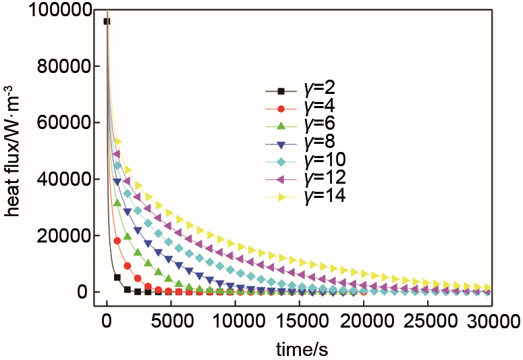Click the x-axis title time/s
pyautogui.click(x=302, y=348)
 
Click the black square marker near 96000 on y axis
pyautogui.click(x=107, y=22)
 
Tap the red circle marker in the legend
pyautogui.click(x=281, y=107)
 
